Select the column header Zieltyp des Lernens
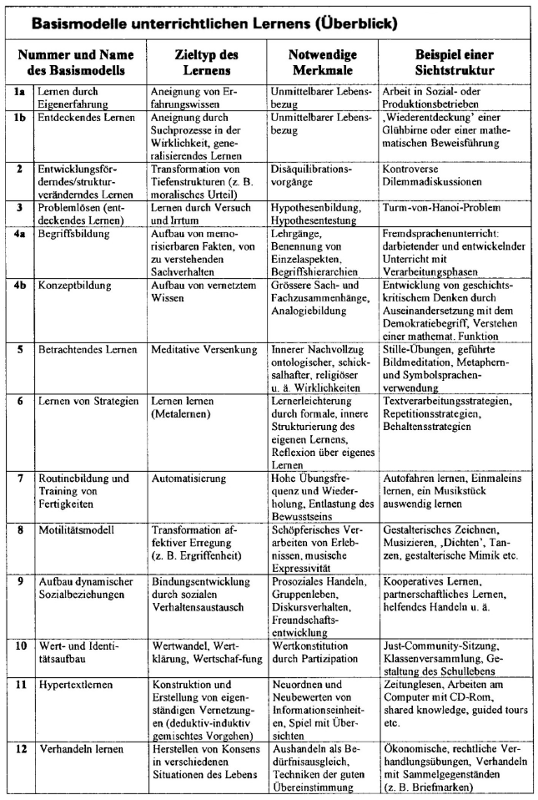pos(206,62)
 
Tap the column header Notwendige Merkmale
pos(317,62)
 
